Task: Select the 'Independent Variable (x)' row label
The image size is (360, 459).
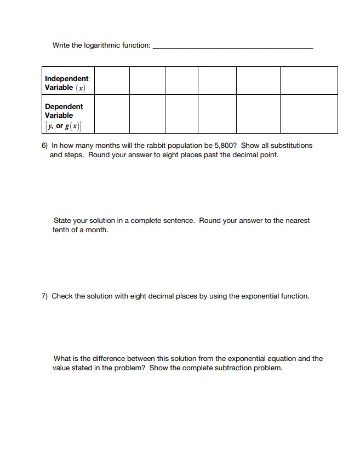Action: (x=66, y=83)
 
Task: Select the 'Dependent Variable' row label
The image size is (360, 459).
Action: (x=64, y=111)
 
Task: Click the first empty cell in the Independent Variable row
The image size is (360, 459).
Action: (x=112, y=81)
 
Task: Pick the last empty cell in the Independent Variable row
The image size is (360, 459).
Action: (x=308, y=81)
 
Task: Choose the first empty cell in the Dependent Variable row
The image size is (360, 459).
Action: (x=112, y=113)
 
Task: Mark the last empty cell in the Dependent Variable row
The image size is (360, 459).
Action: (x=308, y=113)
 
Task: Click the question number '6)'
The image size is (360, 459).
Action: (x=45, y=146)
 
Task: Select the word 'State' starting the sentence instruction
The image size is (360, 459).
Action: (x=62, y=221)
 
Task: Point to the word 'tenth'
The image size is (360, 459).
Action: (x=61, y=230)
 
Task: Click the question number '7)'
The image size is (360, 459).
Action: (x=45, y=296)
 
